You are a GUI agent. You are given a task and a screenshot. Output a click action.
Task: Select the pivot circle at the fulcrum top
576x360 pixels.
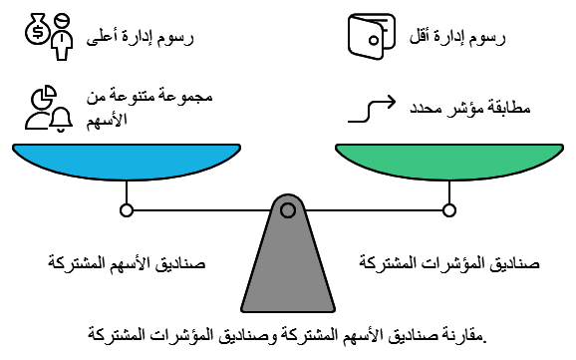[x=287, y=209]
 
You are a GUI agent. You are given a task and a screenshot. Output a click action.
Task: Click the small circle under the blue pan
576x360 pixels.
[x=126, y=209]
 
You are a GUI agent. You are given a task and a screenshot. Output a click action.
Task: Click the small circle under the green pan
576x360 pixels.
[x=449, y=209]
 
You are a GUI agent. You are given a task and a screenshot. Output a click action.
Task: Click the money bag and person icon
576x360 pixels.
[x=49, y=36]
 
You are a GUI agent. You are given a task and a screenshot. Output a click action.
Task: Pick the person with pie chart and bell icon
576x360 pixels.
[x=49, y=109]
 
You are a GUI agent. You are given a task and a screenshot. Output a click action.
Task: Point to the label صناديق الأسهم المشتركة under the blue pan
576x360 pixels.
[x=127, y=264]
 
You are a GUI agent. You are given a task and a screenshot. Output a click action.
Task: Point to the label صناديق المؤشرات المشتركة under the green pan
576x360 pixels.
[x=448, y=264]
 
